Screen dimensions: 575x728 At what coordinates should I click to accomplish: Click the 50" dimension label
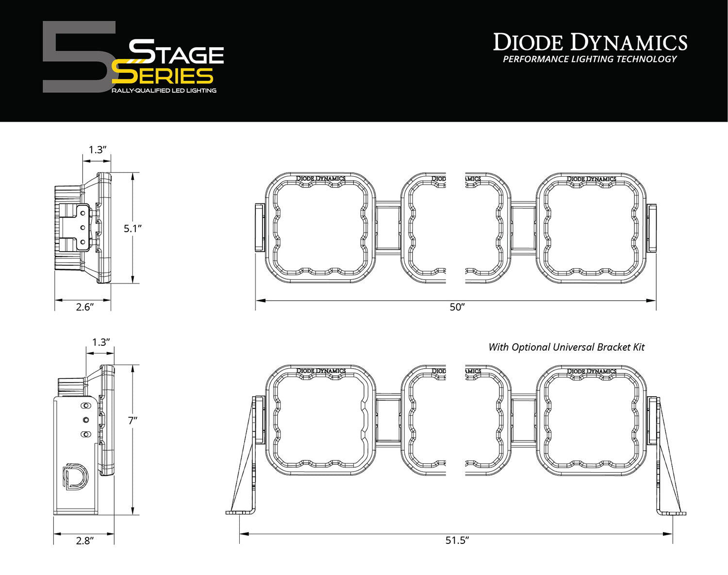457,307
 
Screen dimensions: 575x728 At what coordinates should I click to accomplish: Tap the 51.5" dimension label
457,541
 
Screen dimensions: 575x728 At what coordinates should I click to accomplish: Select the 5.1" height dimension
132,228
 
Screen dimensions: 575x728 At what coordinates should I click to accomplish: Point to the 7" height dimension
132,421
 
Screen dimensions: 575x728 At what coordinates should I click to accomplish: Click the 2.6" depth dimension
84,307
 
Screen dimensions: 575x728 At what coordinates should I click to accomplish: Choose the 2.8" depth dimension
84,541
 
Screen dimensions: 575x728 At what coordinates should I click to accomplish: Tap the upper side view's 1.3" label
97,150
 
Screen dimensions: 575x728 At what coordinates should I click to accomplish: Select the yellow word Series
163,76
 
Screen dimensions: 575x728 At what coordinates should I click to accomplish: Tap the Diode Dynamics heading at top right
590,43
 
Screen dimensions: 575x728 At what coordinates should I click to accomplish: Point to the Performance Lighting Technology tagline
589,59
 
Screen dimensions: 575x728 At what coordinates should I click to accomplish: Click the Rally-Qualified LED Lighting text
164,91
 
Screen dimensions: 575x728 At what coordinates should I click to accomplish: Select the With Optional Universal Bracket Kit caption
566,347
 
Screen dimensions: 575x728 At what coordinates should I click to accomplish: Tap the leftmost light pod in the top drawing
320,227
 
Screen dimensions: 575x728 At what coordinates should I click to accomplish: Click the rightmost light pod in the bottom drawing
591,420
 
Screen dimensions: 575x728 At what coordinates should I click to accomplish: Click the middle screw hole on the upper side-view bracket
83,227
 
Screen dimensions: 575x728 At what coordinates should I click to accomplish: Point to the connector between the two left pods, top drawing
388,228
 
